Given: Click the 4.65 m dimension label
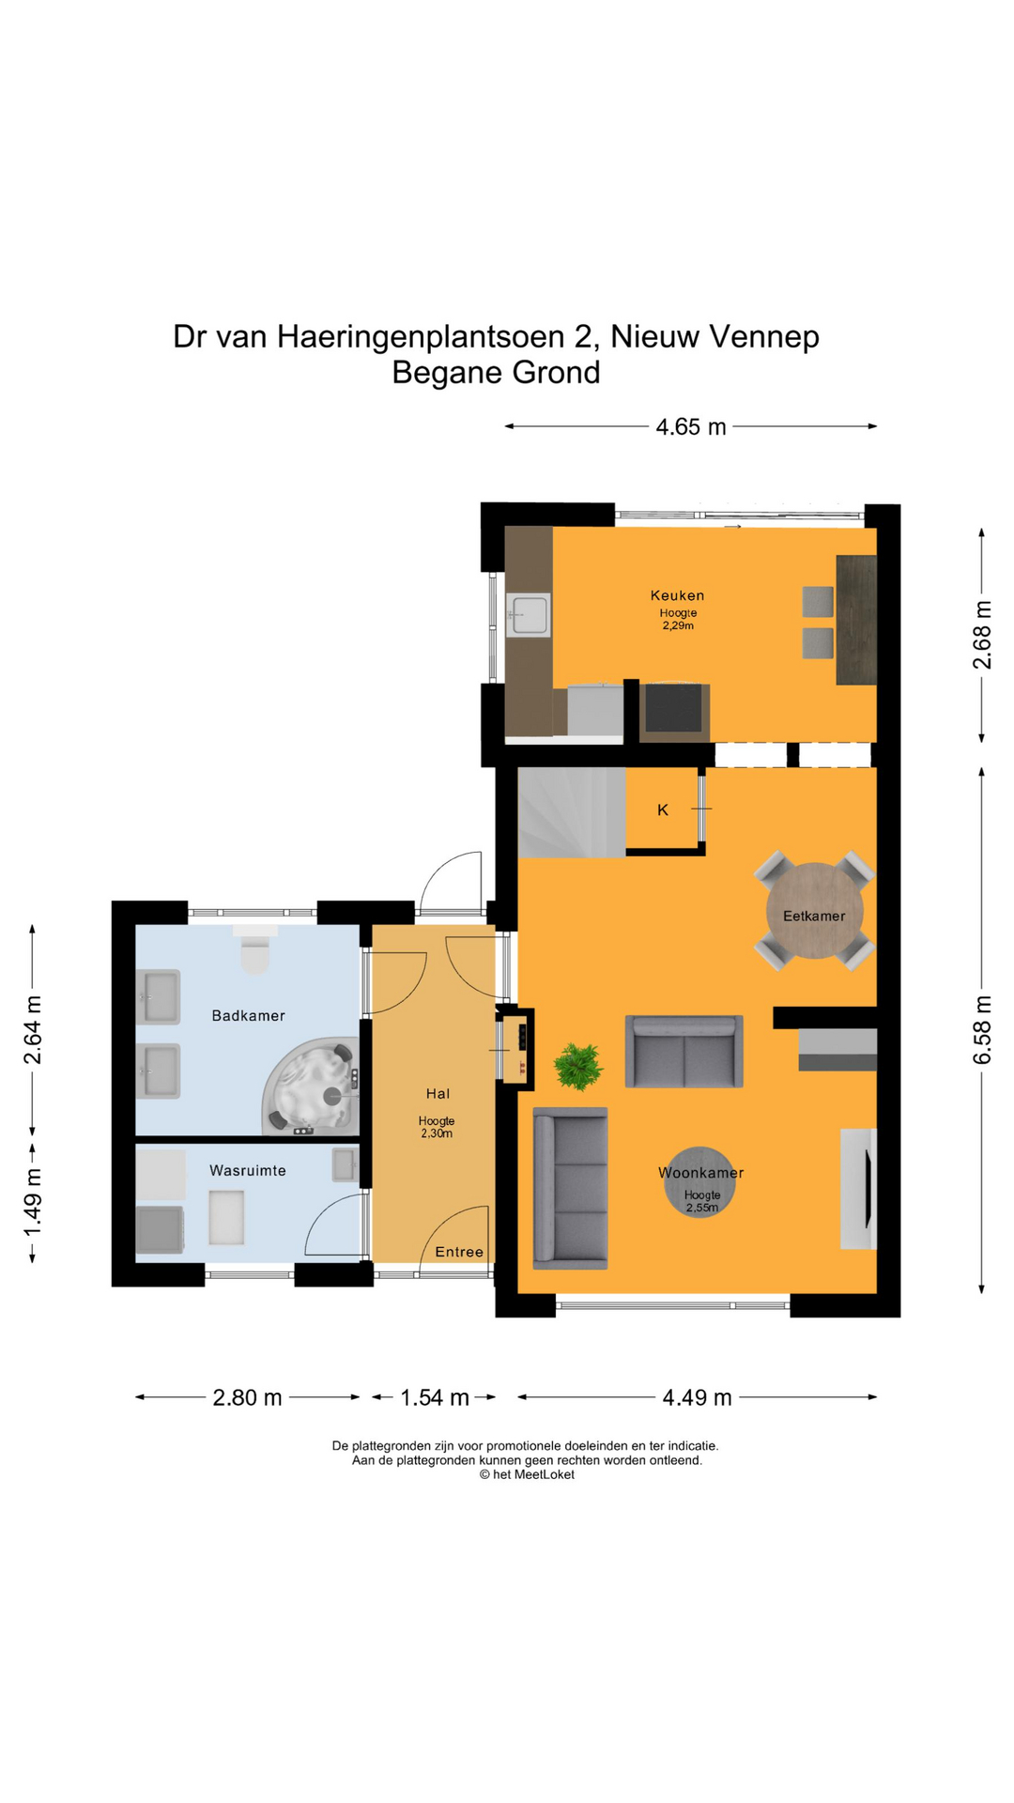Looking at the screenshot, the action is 691,427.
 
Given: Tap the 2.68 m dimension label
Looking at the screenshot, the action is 982,635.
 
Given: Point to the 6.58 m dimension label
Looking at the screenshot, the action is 982,1030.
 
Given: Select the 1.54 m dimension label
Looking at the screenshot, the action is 435,1397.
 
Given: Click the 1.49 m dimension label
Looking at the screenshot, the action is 33,1203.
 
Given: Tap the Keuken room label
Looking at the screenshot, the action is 677,595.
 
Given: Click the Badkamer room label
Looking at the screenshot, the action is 248,1015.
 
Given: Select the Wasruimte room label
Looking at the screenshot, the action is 248,1170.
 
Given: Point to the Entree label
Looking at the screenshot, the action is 459,1252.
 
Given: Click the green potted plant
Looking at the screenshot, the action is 578,1067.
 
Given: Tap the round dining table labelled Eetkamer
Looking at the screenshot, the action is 814,911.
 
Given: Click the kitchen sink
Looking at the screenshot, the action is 528,615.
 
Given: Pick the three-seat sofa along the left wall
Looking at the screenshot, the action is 570,1189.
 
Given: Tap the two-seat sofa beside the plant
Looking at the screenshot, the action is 684,1052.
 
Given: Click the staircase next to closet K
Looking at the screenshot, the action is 572,812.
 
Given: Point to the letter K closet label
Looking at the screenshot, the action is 663,809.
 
